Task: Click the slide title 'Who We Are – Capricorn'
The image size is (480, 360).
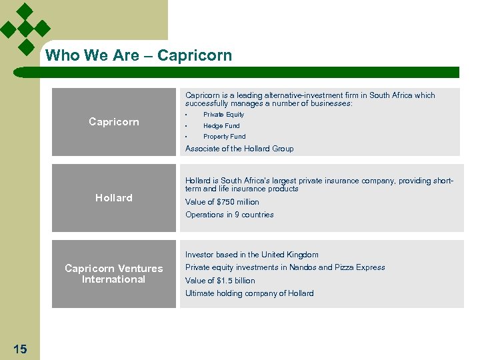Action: click(x=139, y=55)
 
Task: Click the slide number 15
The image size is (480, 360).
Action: click(x=20, y=349)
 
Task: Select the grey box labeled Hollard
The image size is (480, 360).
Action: click(x=114, y=198)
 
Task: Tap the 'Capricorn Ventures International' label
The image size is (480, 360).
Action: click(x=114, y=274)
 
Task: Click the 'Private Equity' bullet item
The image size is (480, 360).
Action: click(x=223, y=115)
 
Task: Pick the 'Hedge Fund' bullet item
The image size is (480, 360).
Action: click(x=221, y=125)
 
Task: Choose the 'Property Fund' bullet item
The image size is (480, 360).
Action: click(x=224, y=137)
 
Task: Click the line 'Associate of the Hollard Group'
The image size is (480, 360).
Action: click(x=239, y=149)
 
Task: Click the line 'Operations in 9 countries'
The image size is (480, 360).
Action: click(x=229, y=215)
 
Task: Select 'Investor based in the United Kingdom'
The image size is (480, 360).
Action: click(x=252, y=255)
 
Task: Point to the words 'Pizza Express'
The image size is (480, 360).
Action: click(x=361, y=267)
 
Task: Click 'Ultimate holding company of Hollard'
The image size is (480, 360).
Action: click(x=249, y=293)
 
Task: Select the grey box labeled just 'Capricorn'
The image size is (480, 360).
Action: click(x=114, y=122)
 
